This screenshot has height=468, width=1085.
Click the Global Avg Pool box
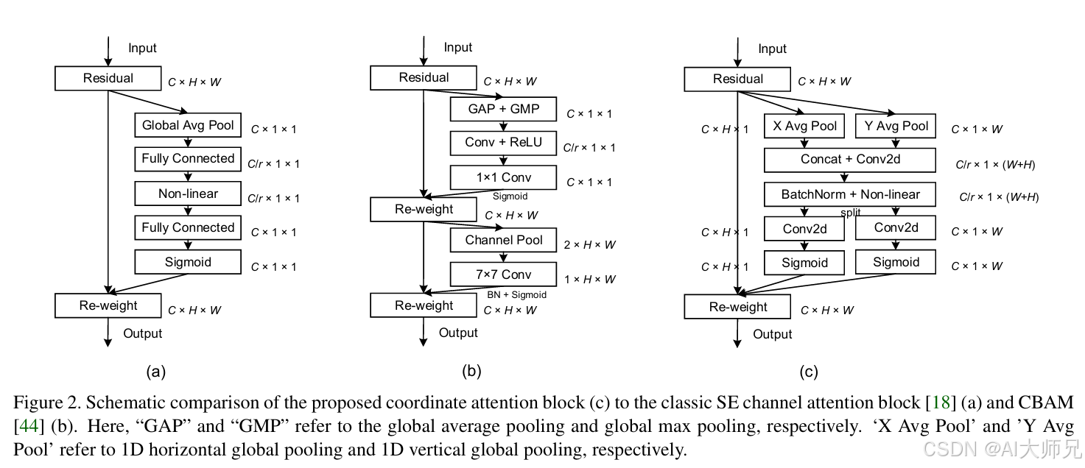pyautogui.click(x=188, y=125)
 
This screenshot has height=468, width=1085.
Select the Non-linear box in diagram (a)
pyautogui.click(x=188, y=194)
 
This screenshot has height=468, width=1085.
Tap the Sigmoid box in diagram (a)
pyautogui.click(x=188, y=262)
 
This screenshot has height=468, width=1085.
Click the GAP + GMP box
pyautogui.click(x=503, y=109)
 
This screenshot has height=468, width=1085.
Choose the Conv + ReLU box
pyautogui.click(x=503, y=142)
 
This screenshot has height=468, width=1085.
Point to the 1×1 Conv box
pyautogui.click(x=503, y=177)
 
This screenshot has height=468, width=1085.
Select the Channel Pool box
pyautogui.click(x=503, y=240)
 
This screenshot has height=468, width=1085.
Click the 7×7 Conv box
pyautogui.click(x=503, y=274)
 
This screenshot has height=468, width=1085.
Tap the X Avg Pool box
pyautogui.click(x=804, y=126)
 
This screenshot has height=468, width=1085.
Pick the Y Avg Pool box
pyautogui.click(x=896, y=126)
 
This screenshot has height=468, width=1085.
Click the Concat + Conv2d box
pyautogui.click(x=850, y=159)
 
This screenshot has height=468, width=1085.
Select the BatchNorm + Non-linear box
pyautogui.click(x=850, y=194)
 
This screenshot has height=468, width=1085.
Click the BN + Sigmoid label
pyautogui.click(x=516, y=295)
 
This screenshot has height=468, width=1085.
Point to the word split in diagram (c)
pyautogui.click(x=850, y=213)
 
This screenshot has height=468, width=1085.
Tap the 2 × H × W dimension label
pyautogui.click(x=589, y=245)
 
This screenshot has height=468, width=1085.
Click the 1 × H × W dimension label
pyautogui.click(x=589, y=280)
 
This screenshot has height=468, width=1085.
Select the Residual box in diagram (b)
pyautogui.click(x=424, y=78)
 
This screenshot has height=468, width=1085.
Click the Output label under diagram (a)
pyautogui.click(x=142, y=333)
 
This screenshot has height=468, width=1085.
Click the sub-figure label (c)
pyautogui.click(x=808, y=372)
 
